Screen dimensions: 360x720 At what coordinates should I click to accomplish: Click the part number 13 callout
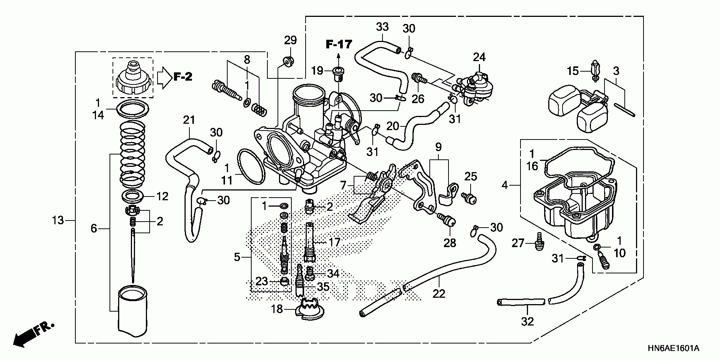pos(58,220)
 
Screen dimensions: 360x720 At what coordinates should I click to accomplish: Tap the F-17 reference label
pos(339,45)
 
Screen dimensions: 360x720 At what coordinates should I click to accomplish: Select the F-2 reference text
pos(183,77)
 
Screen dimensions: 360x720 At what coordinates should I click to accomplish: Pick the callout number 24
pos(479,57)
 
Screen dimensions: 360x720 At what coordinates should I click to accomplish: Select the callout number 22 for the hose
pos(439,293)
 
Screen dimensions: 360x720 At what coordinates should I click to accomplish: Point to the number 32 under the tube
pos(527,321)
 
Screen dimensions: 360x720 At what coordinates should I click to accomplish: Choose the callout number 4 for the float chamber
pos(505,185)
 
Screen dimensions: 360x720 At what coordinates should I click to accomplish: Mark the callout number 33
pos(382,27)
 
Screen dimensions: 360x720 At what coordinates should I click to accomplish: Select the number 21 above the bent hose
pos(189,120)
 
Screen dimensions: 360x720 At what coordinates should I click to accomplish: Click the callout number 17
pos(334,242)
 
